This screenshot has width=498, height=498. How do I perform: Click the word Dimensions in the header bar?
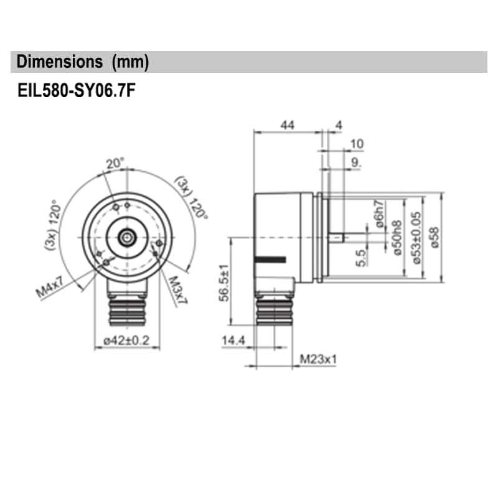(59, 62)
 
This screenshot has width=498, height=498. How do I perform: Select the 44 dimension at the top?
(286, 125)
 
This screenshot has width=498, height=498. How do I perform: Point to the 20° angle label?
(115, 164)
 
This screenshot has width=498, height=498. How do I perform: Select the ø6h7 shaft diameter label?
(378, 212)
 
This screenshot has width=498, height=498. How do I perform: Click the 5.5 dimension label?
(362, 257)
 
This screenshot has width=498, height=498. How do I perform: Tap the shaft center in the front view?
(127, 237)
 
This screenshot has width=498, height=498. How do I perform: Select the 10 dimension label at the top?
(357, 144)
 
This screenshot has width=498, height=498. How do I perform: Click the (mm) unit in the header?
(129, 62)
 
